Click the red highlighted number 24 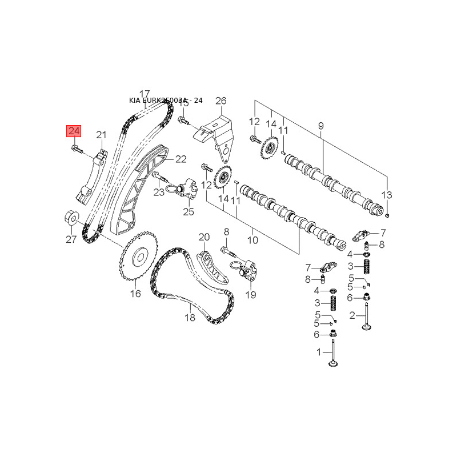click(74, 131)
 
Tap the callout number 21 click(102, 135)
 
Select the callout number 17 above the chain click(144, 94)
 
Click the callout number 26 click(221, 101)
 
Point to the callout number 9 click(320, 126)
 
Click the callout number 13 click(387, 195)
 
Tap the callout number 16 click(135, 294)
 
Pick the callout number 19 click(251, 295)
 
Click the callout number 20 click(205, 237)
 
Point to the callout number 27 click(71, 239)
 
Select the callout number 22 click(181, 159)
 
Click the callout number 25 click(189, 212)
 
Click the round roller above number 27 click(71, 218)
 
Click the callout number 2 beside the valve click(352, 315)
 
